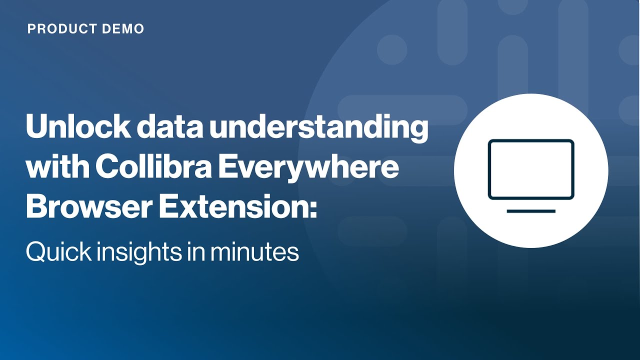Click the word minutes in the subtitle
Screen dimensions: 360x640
coord(255,251)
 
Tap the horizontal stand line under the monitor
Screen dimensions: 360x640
coord(531,211)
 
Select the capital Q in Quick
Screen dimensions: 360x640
coord(35,251)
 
